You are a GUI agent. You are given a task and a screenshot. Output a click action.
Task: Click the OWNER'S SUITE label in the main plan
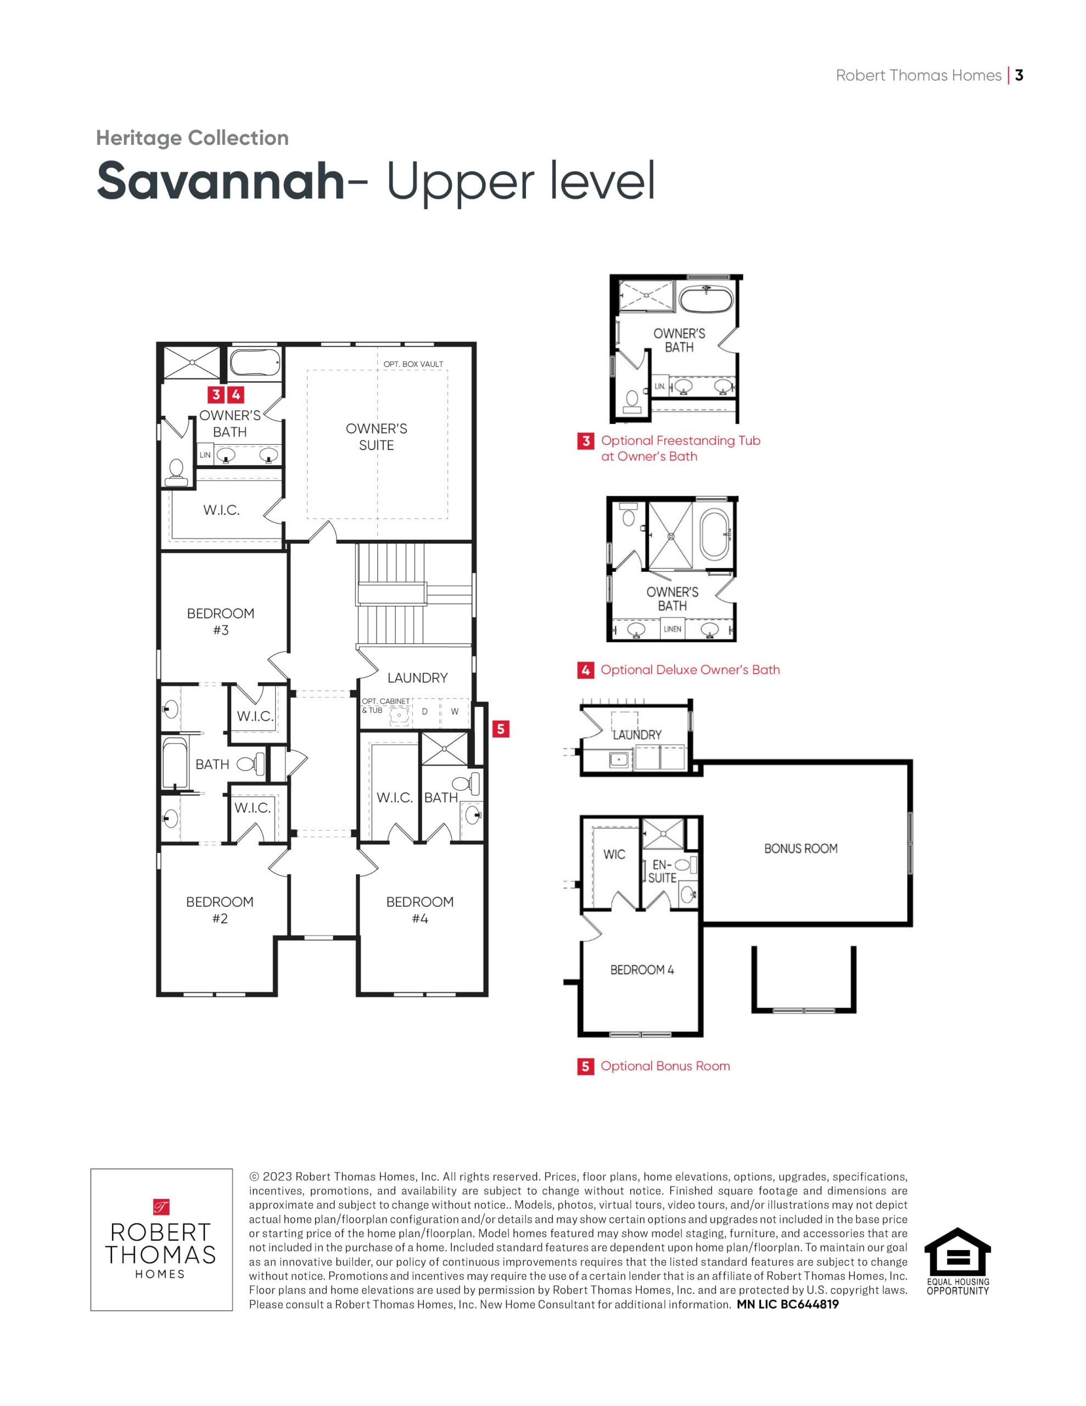click(376, 437)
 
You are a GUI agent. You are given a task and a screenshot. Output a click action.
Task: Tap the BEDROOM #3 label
click(221, 621)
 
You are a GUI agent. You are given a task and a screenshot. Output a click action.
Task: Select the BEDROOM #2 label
click(220, 910)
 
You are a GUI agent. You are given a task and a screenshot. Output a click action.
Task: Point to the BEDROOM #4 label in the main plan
click(419, 910)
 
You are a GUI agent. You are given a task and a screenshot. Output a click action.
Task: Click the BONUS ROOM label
click(801, 849)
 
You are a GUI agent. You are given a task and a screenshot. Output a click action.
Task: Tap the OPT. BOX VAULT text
click(413, 364)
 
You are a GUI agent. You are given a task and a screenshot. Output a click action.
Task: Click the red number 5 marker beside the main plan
click(500, 729)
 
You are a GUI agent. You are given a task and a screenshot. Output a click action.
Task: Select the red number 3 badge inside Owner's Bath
click(216, 395)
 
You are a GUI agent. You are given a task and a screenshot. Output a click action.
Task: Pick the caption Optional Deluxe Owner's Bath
click(690, 669)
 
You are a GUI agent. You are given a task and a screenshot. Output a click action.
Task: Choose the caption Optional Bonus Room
click(665, 1066)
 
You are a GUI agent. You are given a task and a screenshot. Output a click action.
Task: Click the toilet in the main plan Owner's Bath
click(176, 472)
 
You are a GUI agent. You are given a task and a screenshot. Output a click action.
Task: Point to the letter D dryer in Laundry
click(425, 711)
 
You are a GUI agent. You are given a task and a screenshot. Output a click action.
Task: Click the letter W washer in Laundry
click(455, 711)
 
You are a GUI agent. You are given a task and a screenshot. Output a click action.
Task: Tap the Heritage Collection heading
click(193, 138)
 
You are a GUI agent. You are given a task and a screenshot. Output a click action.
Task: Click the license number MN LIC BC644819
click(788, 1304)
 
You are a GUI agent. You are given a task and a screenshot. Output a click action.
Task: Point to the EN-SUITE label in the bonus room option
click(662, 871)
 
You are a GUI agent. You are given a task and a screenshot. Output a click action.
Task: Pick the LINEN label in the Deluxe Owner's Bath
click(672, 629)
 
